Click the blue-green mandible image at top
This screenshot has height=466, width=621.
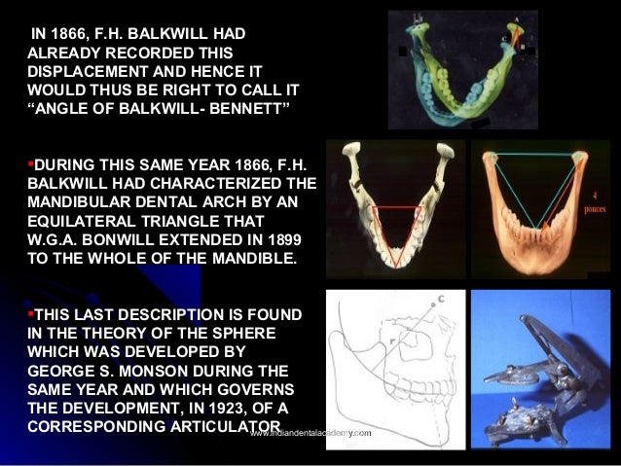461,70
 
